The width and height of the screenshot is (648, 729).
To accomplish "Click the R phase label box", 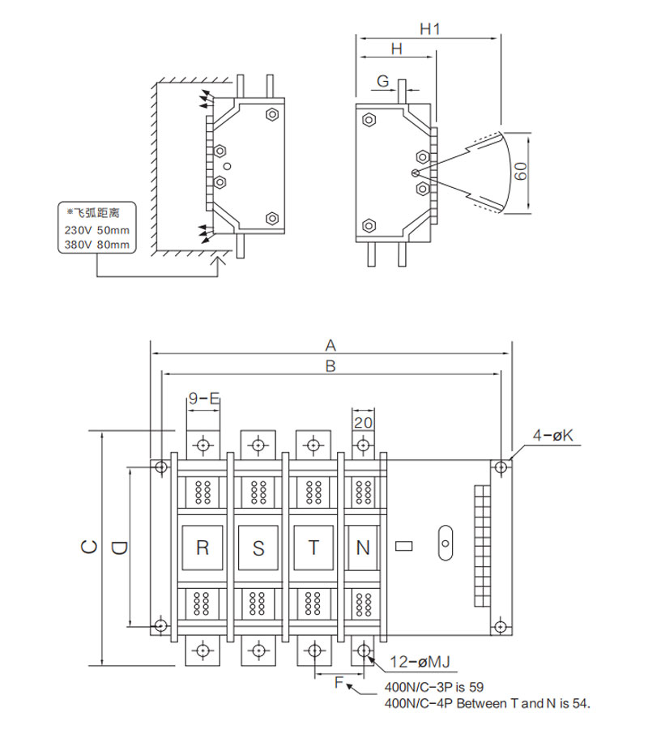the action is tap(202, 548).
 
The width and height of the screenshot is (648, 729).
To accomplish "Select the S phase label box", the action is tap(258, 548).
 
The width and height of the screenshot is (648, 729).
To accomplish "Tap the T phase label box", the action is tap(313, 548).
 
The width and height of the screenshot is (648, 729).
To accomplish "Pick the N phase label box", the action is tap(363, 548).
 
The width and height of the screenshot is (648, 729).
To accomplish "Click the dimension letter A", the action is tap(330, 345).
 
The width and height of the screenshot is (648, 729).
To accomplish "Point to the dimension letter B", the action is tap(330, 366).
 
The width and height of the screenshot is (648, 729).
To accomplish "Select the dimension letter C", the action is tap(89, 547).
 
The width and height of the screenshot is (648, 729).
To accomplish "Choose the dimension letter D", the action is tap(119, 548).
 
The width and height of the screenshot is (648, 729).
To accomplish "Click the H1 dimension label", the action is tap(429, 29).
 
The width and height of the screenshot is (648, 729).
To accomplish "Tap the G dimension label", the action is tap(382, 81).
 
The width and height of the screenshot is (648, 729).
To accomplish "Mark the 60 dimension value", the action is tap(521, 171).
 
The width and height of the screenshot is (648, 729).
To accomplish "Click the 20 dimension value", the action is tap(363, 423).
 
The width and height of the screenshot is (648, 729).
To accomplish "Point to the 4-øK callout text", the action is tap(552, 435).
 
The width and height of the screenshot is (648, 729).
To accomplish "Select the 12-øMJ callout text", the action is tap(420, 662).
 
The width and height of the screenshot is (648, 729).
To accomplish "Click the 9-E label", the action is tap(204, 399).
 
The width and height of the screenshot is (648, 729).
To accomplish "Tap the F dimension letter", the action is tap(339, 683).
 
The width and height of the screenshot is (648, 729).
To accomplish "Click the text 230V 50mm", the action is tap(96, 230).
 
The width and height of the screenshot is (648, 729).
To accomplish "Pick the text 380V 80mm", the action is tap(96, 245).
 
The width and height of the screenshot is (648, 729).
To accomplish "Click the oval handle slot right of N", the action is tap(446, 543).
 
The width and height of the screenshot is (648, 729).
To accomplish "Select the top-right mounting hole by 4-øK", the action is tap(501, 467).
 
